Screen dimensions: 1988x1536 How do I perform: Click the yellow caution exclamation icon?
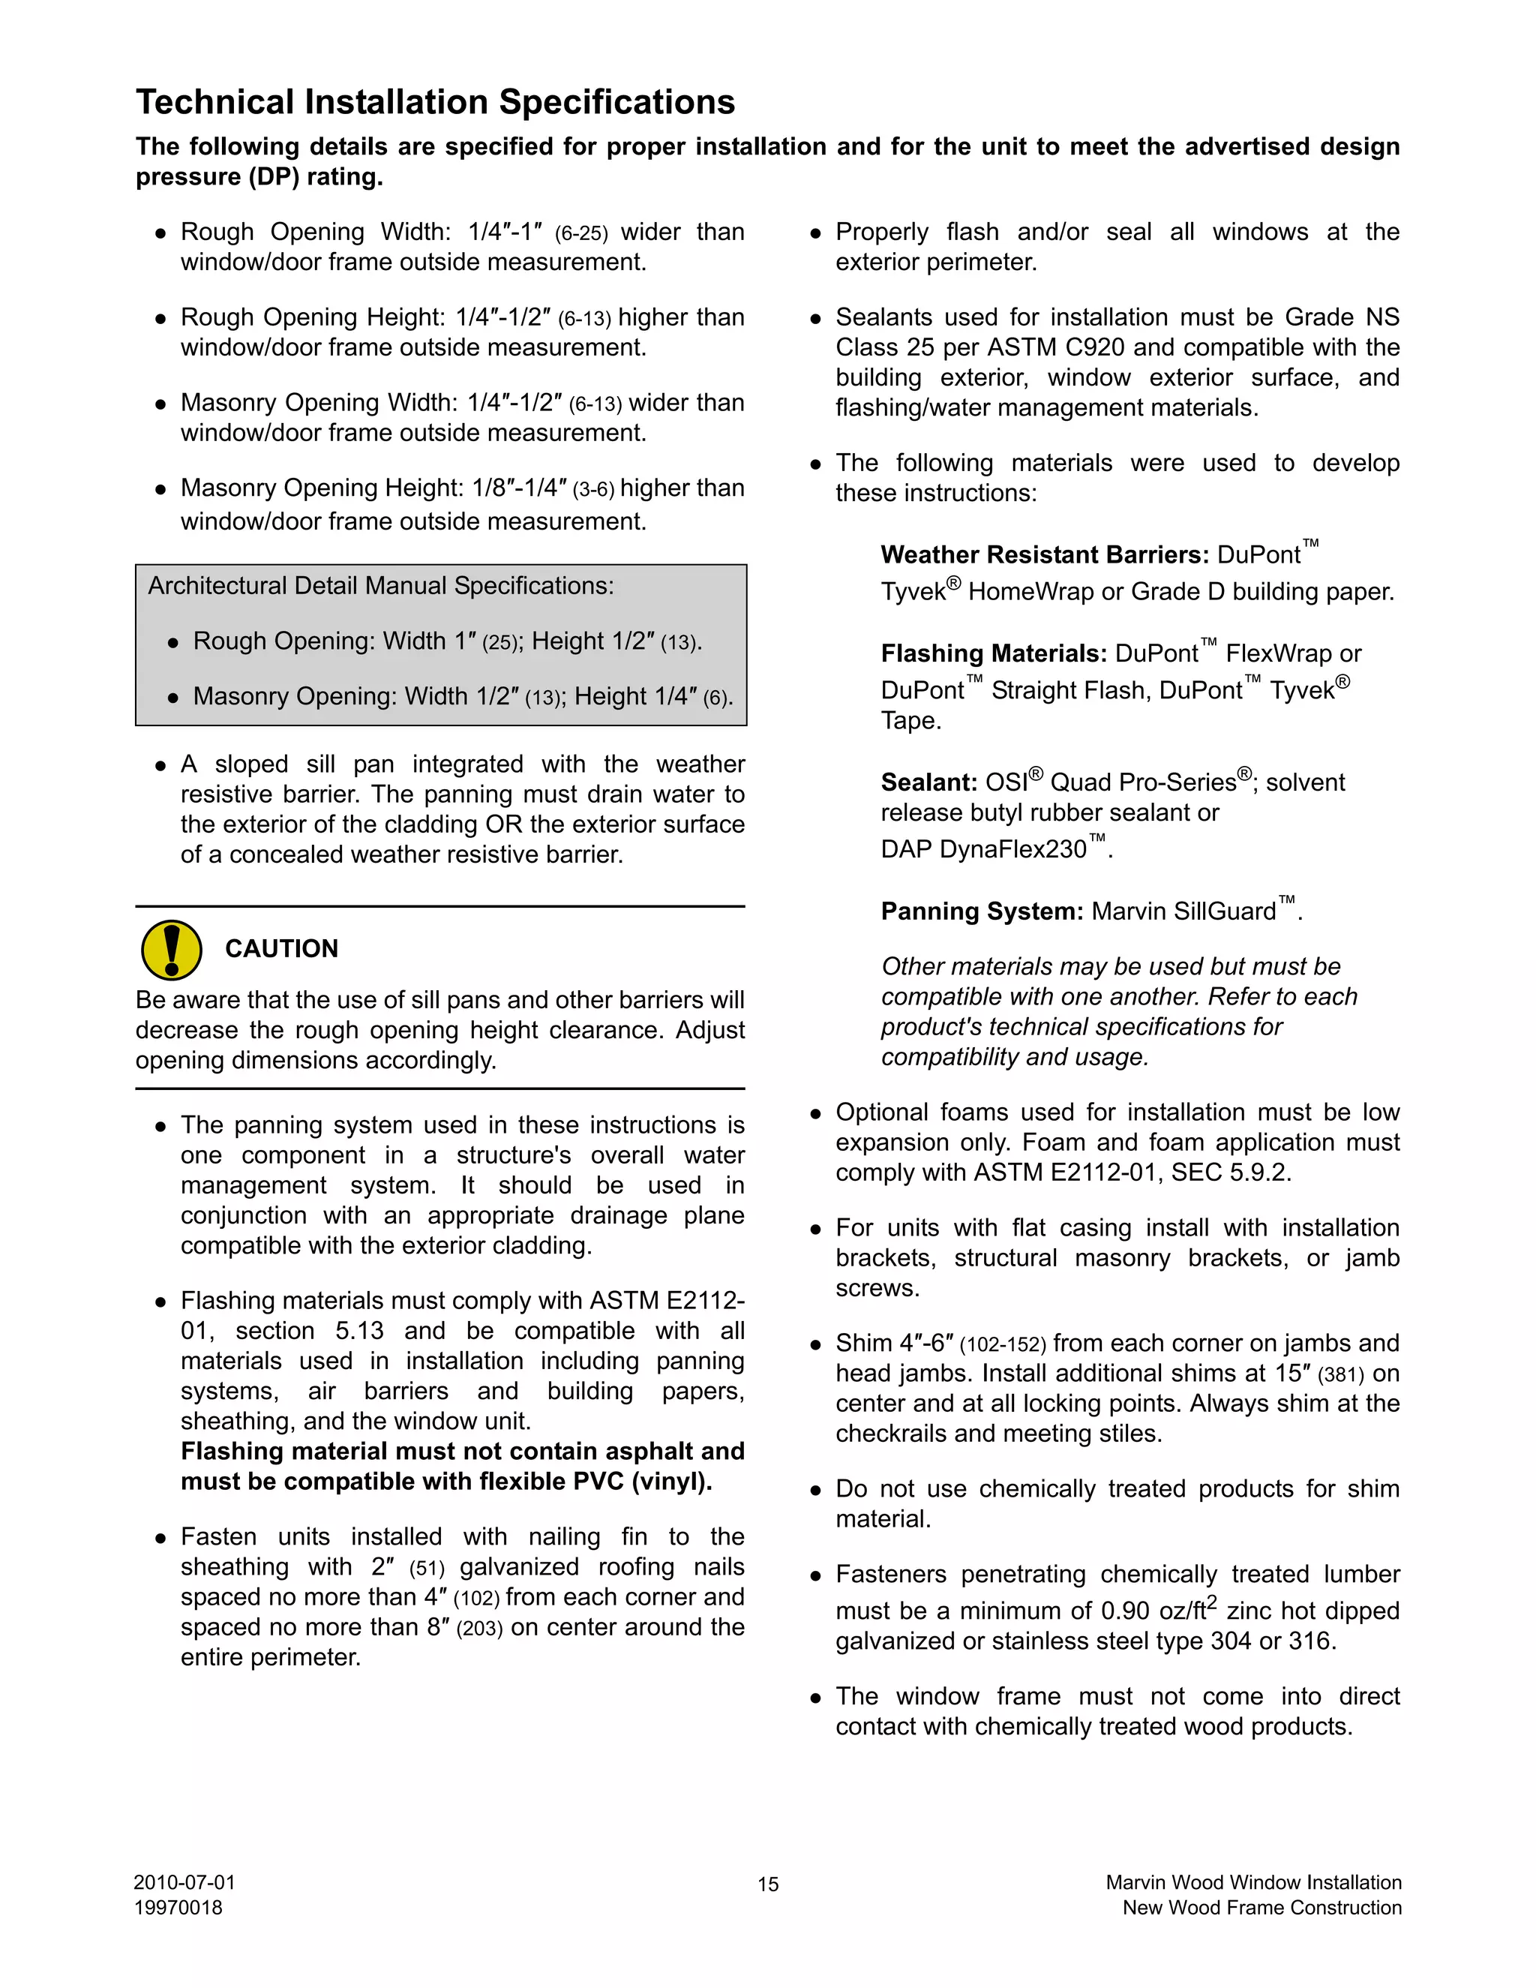(x=171, y=950)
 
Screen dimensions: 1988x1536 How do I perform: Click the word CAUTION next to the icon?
(x=281, y=948)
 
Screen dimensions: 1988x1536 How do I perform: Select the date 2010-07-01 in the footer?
(x=184, y=1881)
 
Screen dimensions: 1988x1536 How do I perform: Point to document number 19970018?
(x=178, y=1907)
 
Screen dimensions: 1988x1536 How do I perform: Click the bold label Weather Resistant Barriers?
(x=1045, y=555)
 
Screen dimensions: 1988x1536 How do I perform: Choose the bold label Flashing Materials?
(x=994, y=653)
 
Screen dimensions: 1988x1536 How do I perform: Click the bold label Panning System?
(x=982, y=911)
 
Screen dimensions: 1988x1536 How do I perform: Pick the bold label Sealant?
(x=929, y=782)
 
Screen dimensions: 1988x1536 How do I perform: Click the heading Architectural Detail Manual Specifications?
(x=380, y=585)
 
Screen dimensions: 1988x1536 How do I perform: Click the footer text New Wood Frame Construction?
(x=1261, y=1907)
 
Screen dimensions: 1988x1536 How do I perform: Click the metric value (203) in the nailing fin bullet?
(x=479, y=1629)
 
